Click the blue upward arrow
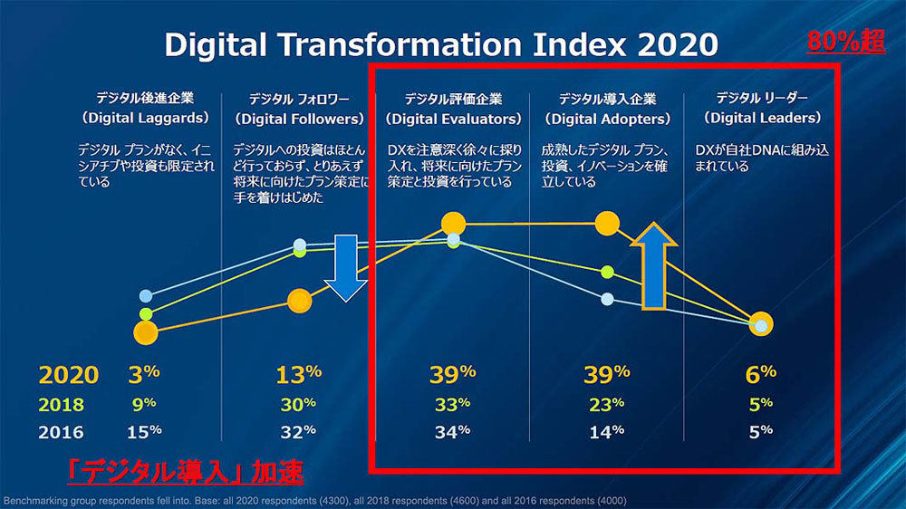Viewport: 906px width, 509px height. click(x=653, y=268)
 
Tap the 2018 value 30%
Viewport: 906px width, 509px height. click(x=299, y=405)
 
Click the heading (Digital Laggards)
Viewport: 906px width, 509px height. click(x=145, y=119)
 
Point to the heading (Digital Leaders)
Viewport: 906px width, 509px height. click(x=763, y=118)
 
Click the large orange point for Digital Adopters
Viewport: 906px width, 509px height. click(x=606, y=224)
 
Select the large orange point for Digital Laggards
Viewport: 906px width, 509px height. click(x=145, y=332)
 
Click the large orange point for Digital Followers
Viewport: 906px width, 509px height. click(x=300, y=301)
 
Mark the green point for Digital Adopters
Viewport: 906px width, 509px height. click(x=607, y=272)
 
